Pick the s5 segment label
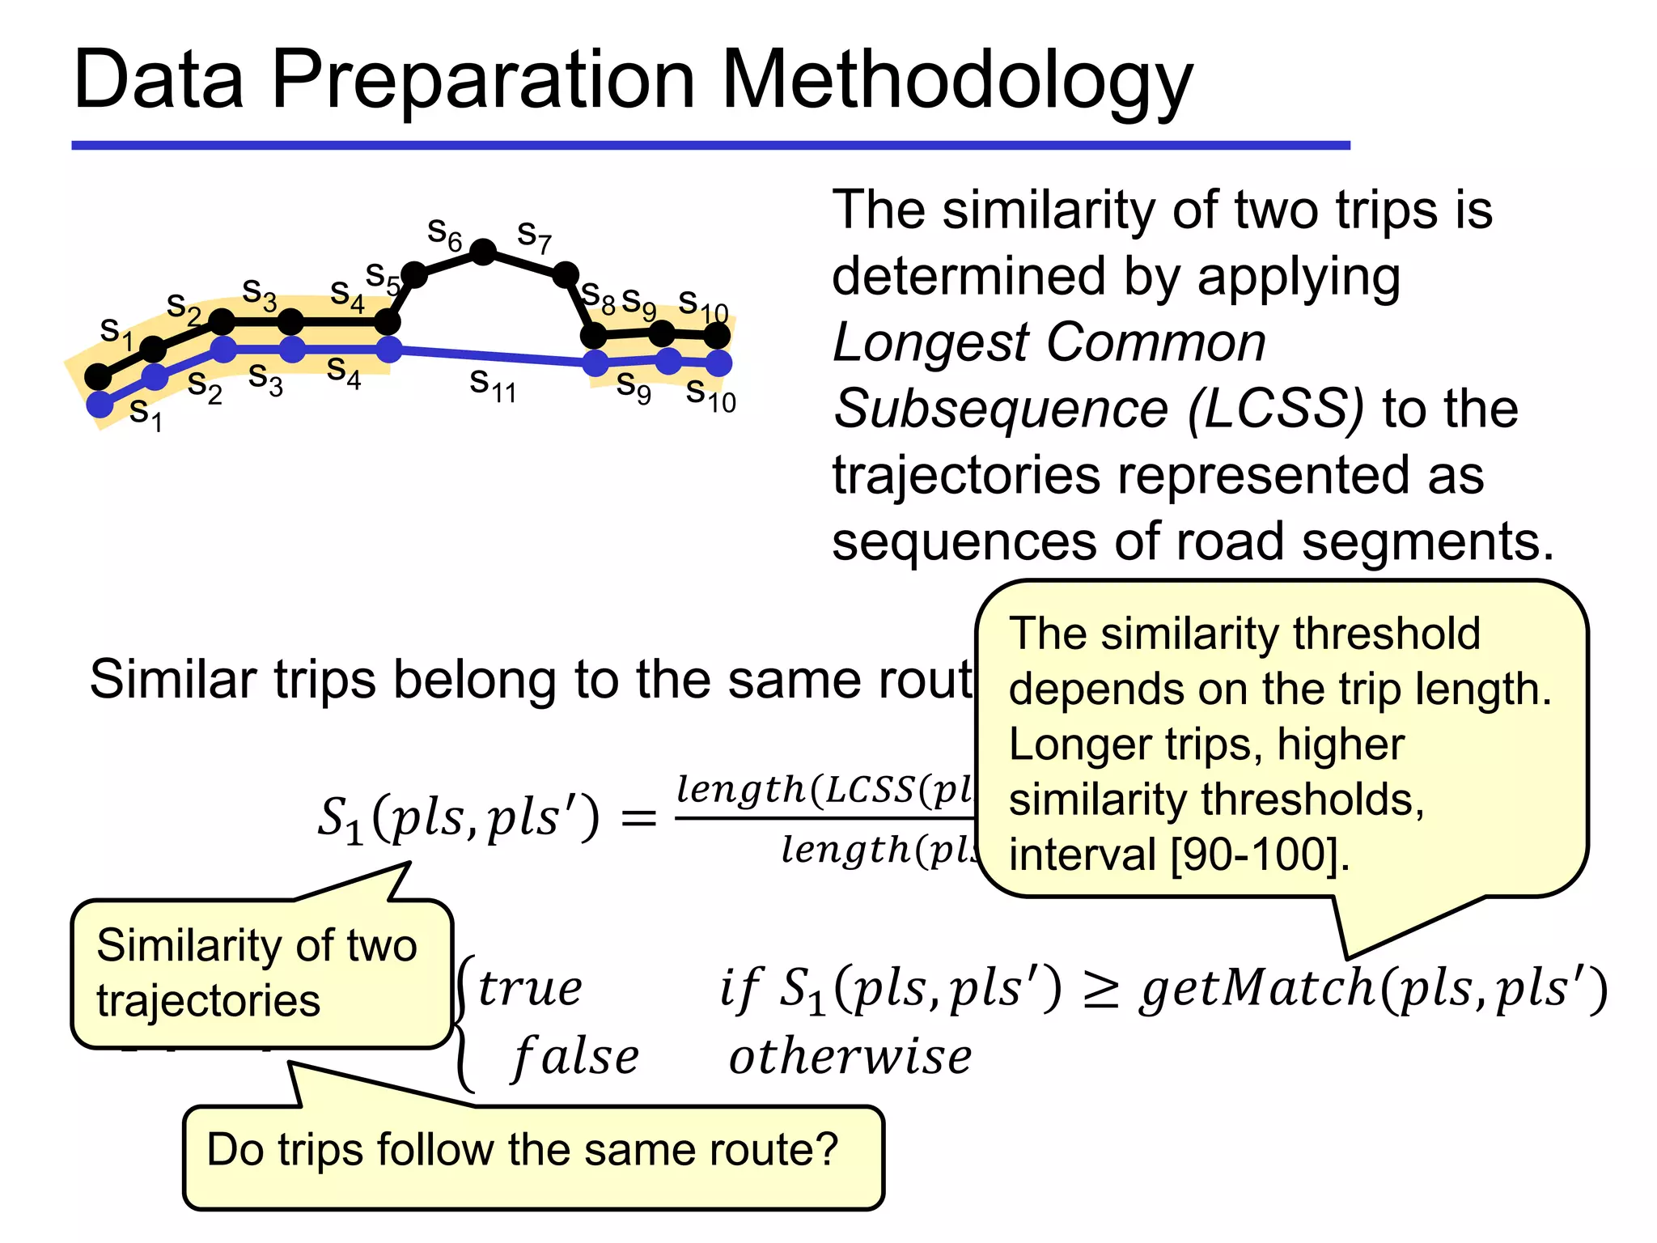click(383, 277)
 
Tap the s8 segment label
click(599, 295)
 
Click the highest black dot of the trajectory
click(483, 252)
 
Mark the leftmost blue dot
click(100, 404)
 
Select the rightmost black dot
click(717, 334)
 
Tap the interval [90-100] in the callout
click(1254, 855)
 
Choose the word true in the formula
click(530, 989)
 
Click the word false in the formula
click(575, 1058)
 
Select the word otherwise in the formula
click(850, 1058)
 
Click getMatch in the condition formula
click(1257, 989)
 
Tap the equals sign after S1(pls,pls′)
click(638, 818)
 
